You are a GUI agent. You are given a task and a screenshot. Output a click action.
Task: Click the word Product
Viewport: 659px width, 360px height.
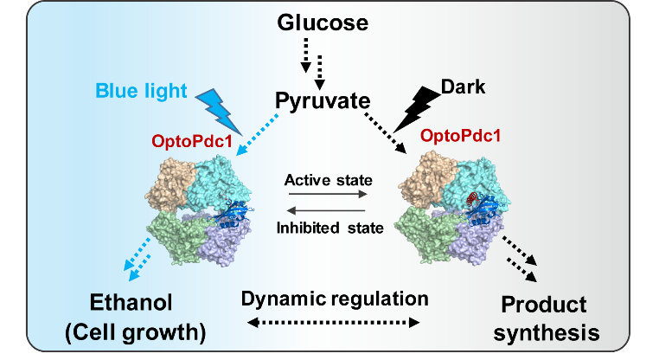point(545,305)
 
